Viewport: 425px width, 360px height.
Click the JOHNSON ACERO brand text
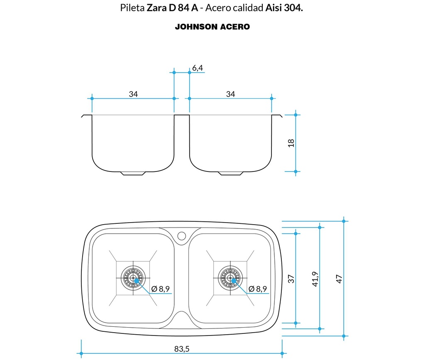tap(212, 27)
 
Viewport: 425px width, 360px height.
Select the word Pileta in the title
tap(132, 8)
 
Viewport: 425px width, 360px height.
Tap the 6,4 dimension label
tap(198, 68)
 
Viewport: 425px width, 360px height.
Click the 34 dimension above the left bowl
tap(133, 94)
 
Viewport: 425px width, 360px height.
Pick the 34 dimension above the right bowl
tap(230, 94)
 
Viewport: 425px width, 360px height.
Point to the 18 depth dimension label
tap(291, 143)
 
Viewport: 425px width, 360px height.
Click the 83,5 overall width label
tap(182, 349)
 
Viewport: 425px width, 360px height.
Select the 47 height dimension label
tap(339, 279)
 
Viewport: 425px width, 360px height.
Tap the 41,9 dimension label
tap(315, 279)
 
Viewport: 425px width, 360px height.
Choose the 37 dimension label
tap(291, 279)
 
